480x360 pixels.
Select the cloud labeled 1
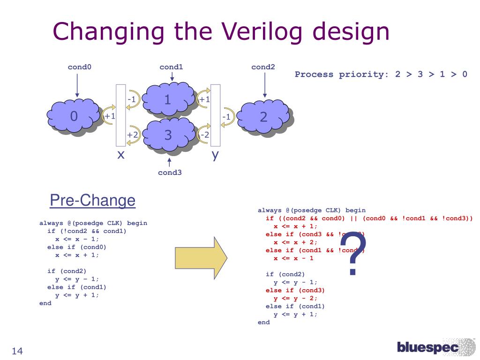tap(168, 99)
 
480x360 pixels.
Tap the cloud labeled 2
tap(263, 117)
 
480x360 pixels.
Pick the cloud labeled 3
tap(168, 135)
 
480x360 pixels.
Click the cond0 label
tap(79, 67)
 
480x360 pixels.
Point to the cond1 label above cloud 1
tap(171, 67)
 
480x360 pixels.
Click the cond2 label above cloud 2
tap(263, 67)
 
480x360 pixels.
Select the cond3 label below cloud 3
tap(169, 172)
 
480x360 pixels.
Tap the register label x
tap(121, 154)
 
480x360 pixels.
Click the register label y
tap(215, 154)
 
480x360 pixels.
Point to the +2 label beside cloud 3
tap(132, 135)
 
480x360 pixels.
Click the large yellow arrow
tap(201, 257)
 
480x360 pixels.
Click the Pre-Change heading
tap(92, 201)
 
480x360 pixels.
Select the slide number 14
tap(17, 352)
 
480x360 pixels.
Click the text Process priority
tap(337, 74)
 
